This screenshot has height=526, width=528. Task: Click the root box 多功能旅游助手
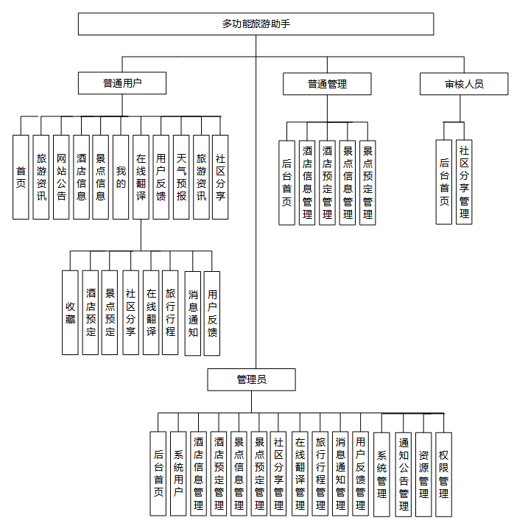pyautogui.click(x=256, y=24)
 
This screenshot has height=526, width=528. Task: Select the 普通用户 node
pyautogui.click(x=122, y=83)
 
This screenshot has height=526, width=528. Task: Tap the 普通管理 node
pyautogui.click(x=328, y=84)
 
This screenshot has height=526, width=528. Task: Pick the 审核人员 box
pyautogui.click(x=464, y=84)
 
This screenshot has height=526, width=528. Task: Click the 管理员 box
pyautogui.click(x=251, y=379)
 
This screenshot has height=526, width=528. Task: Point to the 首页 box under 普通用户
pyautogui.click(x=21, y=177)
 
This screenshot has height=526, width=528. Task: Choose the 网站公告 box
pyautogui.click(x=61, y=177)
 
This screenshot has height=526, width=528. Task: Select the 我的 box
pyautogui.click(x=121, y=177)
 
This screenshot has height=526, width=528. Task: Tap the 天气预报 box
pyautogui.click(x=180, y=177)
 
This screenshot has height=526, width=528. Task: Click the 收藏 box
pyautogui.click(x=70, y=312)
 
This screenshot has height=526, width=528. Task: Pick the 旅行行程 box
pyautogui.click(x=170, y=312)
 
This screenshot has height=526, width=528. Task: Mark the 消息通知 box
pyautogui.click(x=192, y=312)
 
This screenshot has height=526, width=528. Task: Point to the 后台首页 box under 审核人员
pyautogui.click(x=443, y=182)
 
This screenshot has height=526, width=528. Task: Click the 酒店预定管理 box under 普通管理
pyautogui.click(x=328, y=182)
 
